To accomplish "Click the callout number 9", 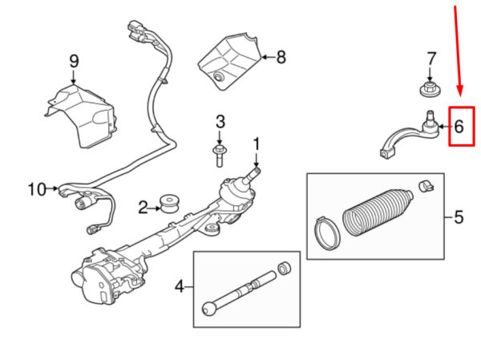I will tap(74, 61).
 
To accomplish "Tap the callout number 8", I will tap(281, 57).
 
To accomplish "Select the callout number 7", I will tap(431, 59).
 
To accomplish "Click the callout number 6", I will tap(459, 126).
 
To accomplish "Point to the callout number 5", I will tap(459, 216).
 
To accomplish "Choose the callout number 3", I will tap(220, 122).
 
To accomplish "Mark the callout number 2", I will tap(143, 208).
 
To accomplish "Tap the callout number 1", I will tap(257, 144).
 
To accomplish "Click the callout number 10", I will tap(37, 189).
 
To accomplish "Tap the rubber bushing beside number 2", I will tap(169, 204).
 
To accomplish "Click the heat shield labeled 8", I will tap(228, 56).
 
